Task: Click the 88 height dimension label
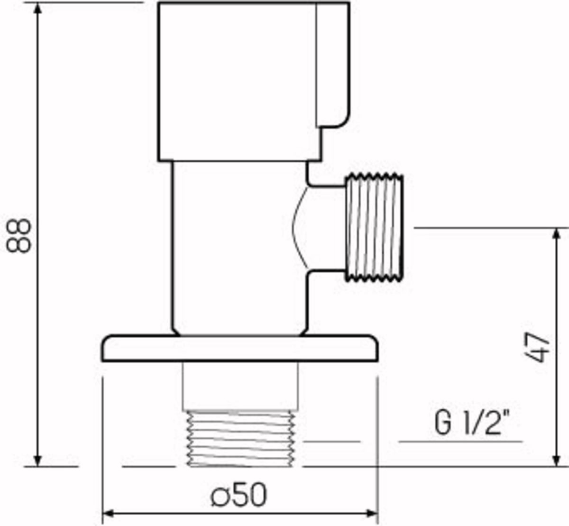pyautogui.click(x=18, y=235)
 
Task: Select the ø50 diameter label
pyautogui.click(x=239, y=495)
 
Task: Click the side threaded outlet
pyautogui.click(x=374, y=227)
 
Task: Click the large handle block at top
pyautogui.click(x=254, y=82)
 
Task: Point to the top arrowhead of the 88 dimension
pyautogui.click(x=38, y=9)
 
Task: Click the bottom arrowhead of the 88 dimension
pyautogui.click(x=38, y=460)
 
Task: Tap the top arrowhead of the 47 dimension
pyautogui.click(x=556, y=234)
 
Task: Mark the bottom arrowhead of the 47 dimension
pyautogui.click(x=556, y=460)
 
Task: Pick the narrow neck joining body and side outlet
pyautogui.click(x=327, y=228)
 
